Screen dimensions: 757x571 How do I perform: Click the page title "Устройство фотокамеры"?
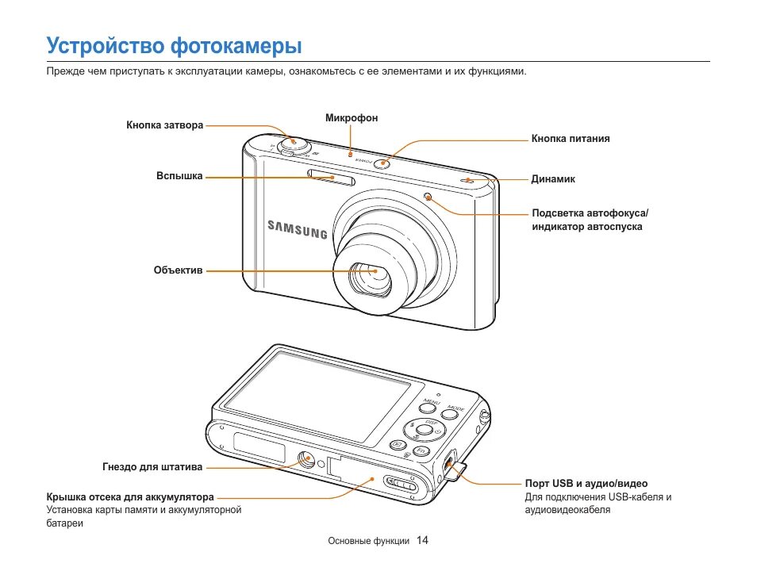174,46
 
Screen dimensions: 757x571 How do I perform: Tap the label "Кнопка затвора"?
165,125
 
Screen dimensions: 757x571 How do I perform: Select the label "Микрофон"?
352,118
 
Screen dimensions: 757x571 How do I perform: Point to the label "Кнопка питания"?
571,139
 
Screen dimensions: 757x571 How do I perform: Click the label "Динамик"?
553,179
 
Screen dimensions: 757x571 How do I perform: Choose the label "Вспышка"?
179,176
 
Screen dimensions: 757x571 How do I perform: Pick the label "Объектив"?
179,270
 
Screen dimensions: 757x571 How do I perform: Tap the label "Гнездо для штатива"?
152,466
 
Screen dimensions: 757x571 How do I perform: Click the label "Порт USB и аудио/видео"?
586,484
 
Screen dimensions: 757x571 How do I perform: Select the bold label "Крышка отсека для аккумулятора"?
130,497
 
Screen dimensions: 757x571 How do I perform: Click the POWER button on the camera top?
382,164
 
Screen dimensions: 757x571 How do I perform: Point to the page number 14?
422,541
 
